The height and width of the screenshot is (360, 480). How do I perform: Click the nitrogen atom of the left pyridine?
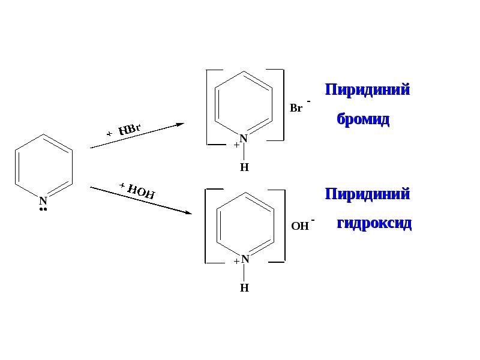click(x=43, y=200)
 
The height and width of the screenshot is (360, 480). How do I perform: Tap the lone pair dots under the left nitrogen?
click(x=43, y=209)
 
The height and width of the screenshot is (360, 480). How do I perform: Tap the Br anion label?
click(x=296, y=109)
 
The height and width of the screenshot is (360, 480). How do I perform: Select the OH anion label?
click(x=299, y=226)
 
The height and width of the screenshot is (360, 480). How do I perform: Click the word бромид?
click(x=363, y=119)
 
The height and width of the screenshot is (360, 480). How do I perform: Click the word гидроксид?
click(x=374, y=223)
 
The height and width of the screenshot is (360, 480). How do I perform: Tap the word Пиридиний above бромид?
click(x=367, y=90)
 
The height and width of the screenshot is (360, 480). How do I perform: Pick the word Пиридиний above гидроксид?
click(x=367, y=194)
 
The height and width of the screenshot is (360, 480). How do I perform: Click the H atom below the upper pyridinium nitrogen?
click(x=244, y=167)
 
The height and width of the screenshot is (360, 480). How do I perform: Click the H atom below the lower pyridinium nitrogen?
click(x=244, y=288)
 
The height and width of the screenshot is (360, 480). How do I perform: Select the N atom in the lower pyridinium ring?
click(x=245, y=260)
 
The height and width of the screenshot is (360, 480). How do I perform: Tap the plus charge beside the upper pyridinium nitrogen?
click(x=237, y=145)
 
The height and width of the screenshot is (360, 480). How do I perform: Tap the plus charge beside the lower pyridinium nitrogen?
click(x=237, y=261)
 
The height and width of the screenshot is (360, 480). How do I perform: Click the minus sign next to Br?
click(x=308, y=101)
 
